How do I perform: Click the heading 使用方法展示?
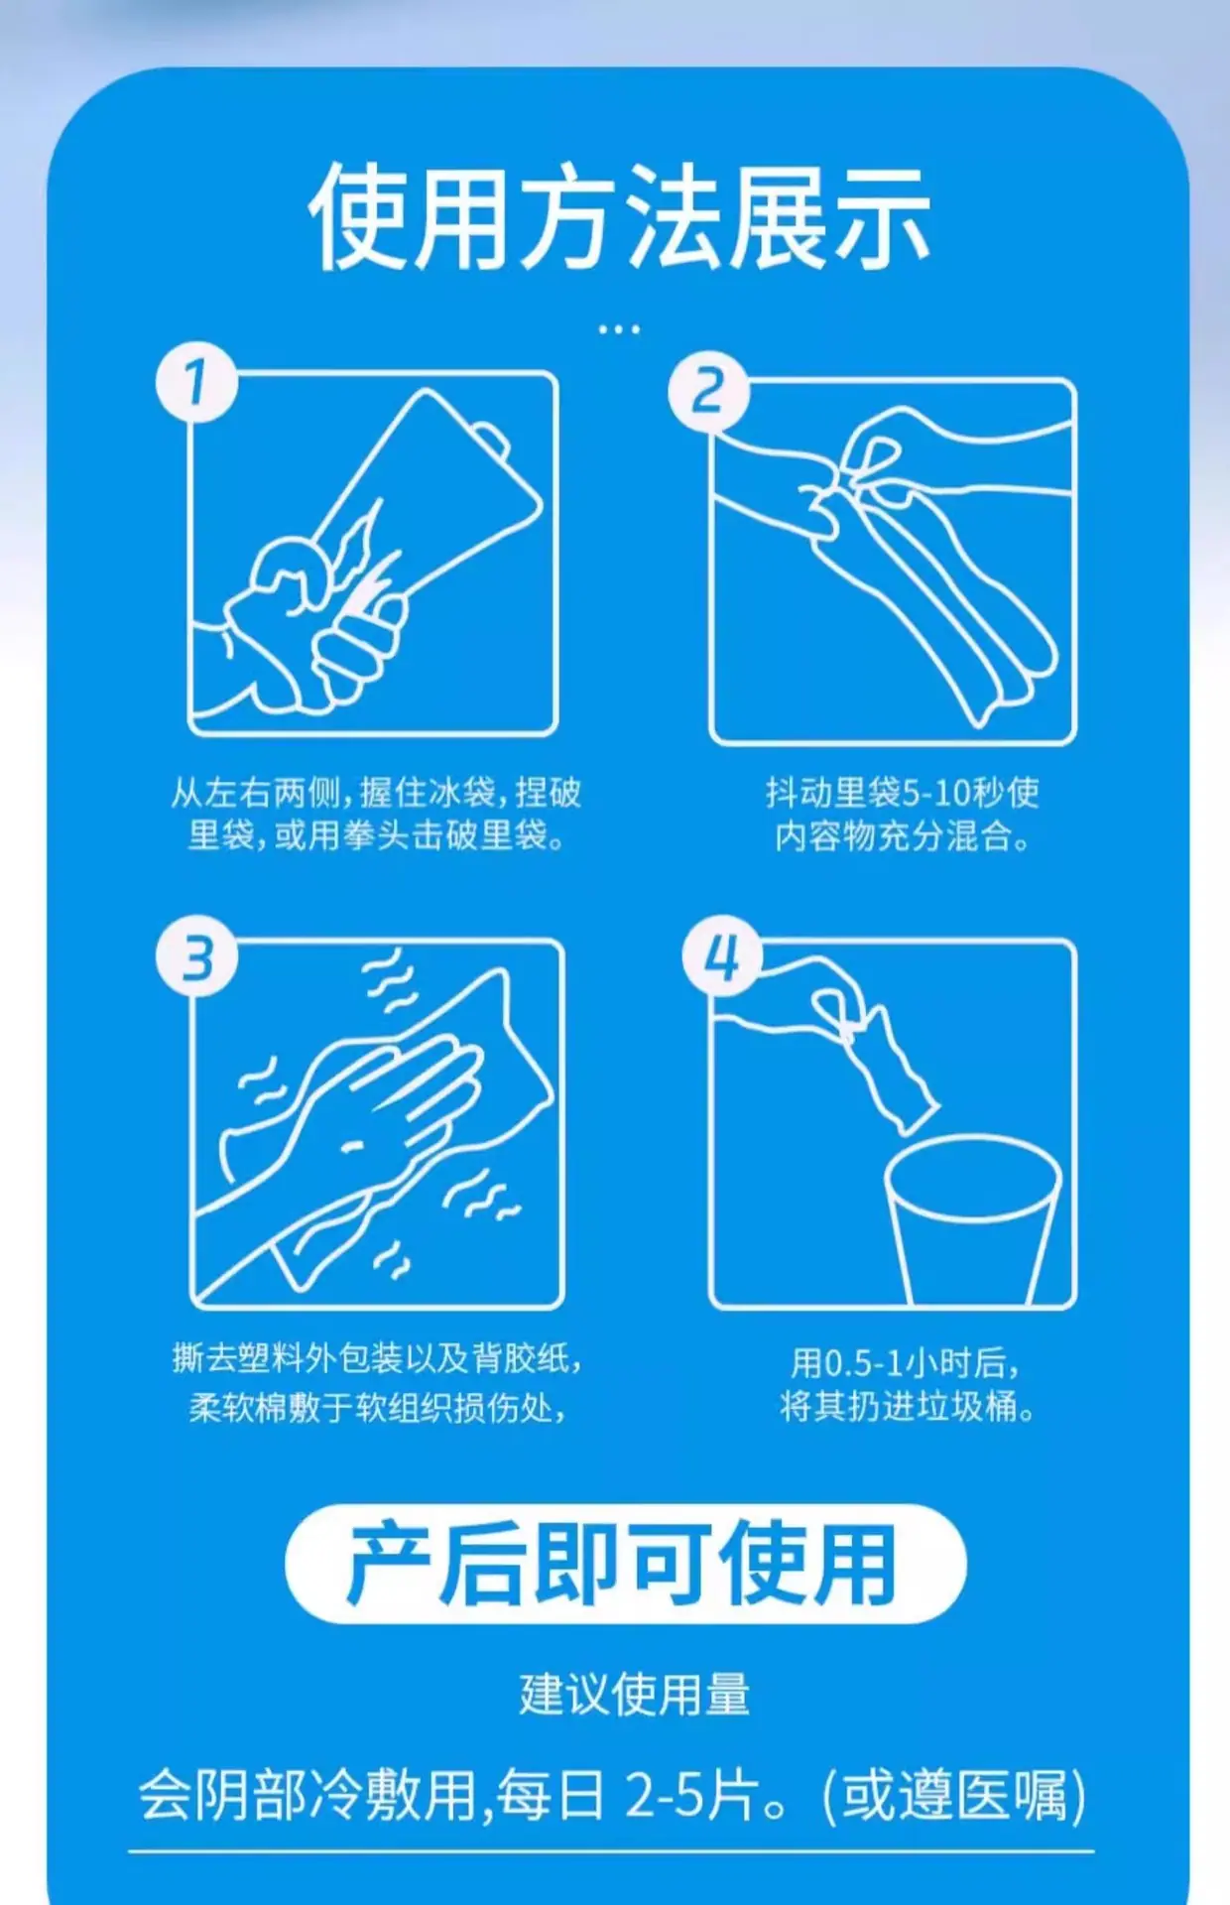pyautogui.click(x=619, y=217)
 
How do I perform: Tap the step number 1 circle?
pyautogui.click(x=196, y=382)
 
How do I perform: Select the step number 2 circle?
pyautogui.click(x=708, y=391)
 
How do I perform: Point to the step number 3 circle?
pyautogui.click(x=196, y=957)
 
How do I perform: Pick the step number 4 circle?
pyautogui.click(x=722, y=956)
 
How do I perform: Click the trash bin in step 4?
pyautogui.click(x=972, y=1220)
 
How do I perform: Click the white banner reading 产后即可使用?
pyautogui.click(x=625, y=1565)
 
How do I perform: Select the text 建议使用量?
pyautogui.click(x=634, y=1695)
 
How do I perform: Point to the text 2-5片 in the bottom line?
pyautogui.click(x=692, y=1795)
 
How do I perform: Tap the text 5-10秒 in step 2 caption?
pyautogui.click(x=937, y=793)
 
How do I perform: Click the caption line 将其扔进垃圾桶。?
pyautogui.click(x=907, y=1407)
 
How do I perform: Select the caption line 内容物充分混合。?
pyautogui.click(x=902, y=836)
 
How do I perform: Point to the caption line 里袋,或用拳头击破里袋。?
pyautogui.click(x=377, y=835)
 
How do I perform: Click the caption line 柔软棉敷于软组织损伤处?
pyautogui.click(x=377, y=1407)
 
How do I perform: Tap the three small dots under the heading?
pyautogui.click(x=619, y=328)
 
